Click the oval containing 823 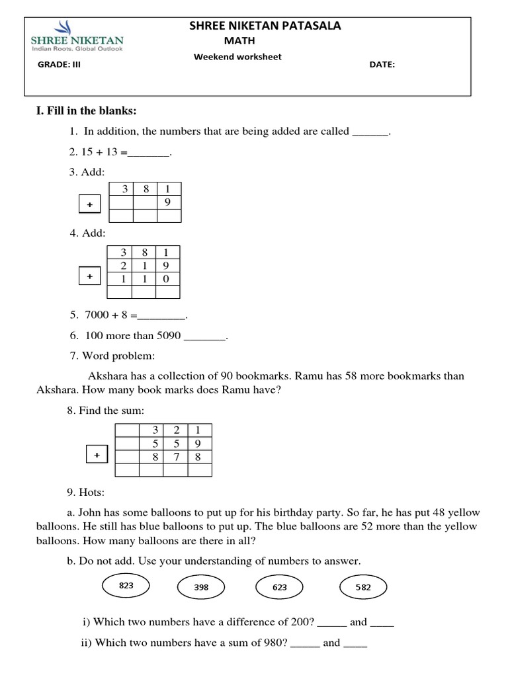tap(126, 585)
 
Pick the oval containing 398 tap(202, 586)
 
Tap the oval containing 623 tap(279, 586)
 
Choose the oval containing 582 tap(362, 586)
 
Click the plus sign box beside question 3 tap(89, 205)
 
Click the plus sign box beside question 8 tap(97, 456)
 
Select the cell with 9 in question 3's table tap(168, 202)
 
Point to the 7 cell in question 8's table tap(175, 456)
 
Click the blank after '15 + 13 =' tap(149, 153)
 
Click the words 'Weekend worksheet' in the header tap(237, 57)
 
